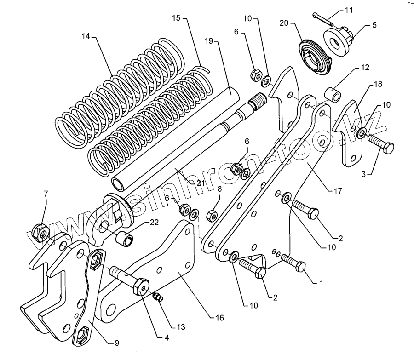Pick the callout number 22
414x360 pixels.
click(x=154, y=222)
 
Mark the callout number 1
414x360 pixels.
click(x=322, y=284)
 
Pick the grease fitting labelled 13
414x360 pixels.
click(x=157, y=297)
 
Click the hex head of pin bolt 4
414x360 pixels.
click(x=140, y=287)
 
